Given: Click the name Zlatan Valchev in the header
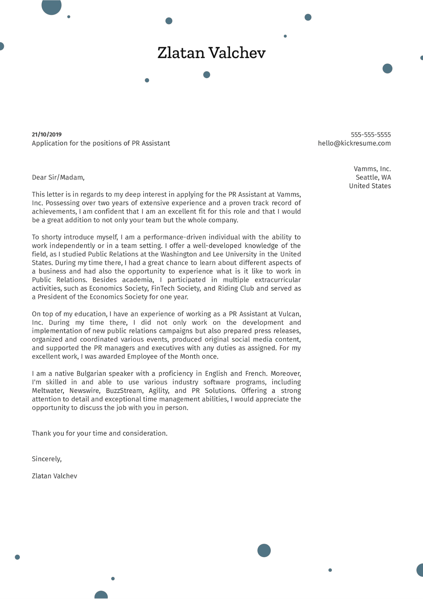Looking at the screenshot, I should click(211, 53).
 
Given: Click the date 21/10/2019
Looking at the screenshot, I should click(47, 135).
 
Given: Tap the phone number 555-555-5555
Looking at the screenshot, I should click(371, 135).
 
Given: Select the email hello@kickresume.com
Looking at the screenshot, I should click(354, 143).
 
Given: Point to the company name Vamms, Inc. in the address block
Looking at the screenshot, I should click(372, 169).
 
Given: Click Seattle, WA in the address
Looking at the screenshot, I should click(373, 178).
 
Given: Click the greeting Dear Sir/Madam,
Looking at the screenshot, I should click(58, 177).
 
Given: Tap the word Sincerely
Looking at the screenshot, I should click(46, 459).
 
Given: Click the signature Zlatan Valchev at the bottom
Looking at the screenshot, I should click(54, 476).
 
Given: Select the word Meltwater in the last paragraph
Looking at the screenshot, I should click(48, 391).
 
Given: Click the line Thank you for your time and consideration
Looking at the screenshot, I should click(100, 433).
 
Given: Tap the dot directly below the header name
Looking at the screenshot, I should click(207, 75).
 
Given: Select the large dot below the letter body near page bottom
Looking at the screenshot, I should click(264, 550).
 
